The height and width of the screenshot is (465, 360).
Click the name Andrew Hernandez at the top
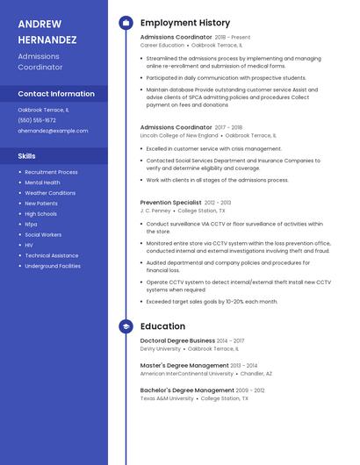coord(47,32)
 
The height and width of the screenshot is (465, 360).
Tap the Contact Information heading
coord(56,94)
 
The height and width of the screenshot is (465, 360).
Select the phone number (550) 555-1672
coord(37,120)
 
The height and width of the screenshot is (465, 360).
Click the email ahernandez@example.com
coord(54,131)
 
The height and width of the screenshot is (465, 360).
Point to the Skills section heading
coord(27,156)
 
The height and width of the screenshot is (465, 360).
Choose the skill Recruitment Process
coord(51,172)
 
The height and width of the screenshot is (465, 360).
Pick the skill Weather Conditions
coord(50,193)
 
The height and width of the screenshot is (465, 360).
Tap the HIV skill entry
coord(30,245)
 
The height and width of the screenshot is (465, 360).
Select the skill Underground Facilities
coord(53,266)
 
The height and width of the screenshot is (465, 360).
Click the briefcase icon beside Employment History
coord(126,23)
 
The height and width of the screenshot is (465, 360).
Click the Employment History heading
coord(185,23)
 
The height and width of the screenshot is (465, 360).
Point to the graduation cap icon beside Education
coord(126,326)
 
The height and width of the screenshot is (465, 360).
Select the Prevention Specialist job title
coord(170,203)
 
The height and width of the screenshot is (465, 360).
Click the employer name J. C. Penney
coord(155,211)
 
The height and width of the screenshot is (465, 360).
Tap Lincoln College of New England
coord(179,136)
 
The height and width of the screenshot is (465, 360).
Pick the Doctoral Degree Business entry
coord(177,340)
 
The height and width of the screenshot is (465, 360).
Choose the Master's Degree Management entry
coord(184,365)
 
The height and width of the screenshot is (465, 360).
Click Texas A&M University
coord(167,398)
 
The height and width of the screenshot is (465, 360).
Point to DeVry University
coord(161,349)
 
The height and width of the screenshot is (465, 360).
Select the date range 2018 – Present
coord(233,38)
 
